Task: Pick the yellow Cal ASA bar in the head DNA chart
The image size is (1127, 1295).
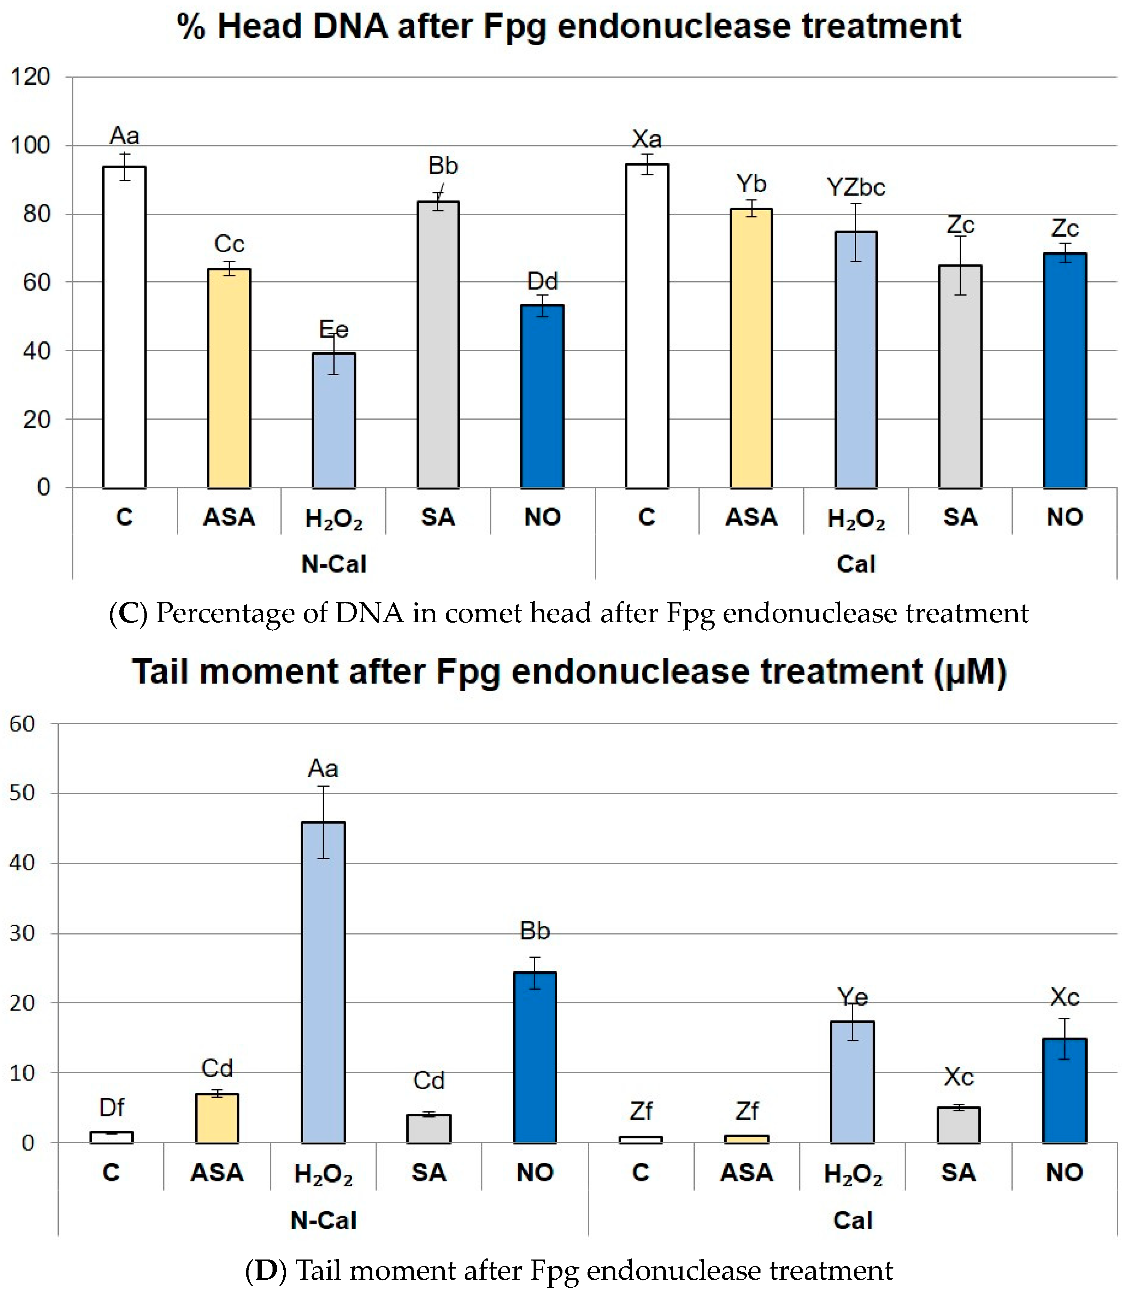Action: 751,348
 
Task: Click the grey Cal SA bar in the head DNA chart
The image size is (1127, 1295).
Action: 960,377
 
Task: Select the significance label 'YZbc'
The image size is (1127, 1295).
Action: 856,188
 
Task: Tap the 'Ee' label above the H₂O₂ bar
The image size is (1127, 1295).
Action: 333,329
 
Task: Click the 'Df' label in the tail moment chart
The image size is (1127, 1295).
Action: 112,1107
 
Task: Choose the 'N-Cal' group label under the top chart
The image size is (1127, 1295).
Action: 334,564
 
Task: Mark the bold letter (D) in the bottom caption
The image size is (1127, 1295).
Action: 266,1271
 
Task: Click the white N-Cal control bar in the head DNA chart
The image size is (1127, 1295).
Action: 125,327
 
